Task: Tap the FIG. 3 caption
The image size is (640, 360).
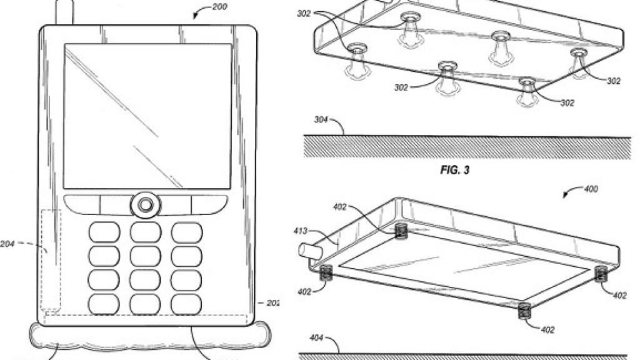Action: pos(456,169)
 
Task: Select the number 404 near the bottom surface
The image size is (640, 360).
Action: pos(316,338)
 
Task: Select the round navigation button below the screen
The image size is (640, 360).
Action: pos(146,204)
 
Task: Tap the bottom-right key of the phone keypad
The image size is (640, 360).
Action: pos(187,304)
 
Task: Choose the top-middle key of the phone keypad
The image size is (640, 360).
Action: pos(146,232)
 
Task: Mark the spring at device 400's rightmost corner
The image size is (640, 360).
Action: pos(602,272)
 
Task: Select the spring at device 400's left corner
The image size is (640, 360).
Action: pos(325,272)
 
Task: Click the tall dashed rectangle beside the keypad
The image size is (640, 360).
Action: pos(51,259)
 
